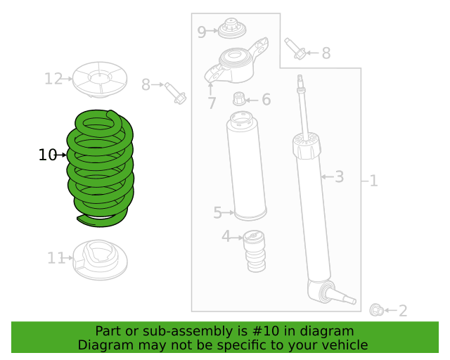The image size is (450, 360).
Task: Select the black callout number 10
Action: [47, 155]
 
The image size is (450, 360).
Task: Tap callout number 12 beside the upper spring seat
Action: [53, 79]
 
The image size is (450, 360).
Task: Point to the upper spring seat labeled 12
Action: [100, 79]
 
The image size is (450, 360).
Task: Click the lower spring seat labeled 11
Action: [100, 260]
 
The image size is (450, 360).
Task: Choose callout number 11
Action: [56, 258]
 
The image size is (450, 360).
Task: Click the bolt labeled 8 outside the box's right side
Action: [295, 49]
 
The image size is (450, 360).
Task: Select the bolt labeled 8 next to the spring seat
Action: [175, 94]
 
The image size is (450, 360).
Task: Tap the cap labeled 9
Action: [232, 28]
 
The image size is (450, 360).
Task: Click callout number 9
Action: [202, 32]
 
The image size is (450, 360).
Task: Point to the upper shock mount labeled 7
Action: [236, 61]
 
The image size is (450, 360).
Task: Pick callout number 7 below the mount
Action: [212, 103]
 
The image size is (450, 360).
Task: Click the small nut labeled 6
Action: [239, 98]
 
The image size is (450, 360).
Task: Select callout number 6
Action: [266, 99]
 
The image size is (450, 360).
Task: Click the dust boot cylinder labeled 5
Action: [246, 166]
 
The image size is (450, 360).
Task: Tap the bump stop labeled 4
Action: [255, 251]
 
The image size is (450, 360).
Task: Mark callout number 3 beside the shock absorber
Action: [339, 176]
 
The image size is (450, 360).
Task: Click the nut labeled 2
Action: [377, 310]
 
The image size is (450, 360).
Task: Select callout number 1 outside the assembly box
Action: [373, 181]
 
